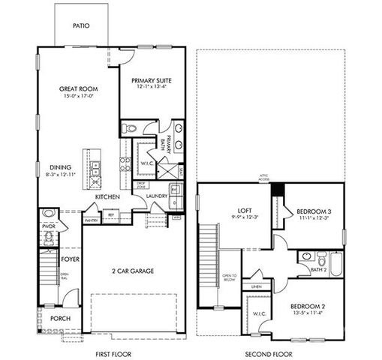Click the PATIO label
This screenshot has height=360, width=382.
[x=82, y=25]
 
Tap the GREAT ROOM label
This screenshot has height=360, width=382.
[x=79, y=88]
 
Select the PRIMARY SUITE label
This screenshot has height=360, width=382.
[x=152, y=80]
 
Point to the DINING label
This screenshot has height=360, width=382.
[x=61, y=167]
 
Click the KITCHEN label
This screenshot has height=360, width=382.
[x=107, y=196]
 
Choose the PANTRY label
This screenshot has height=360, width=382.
[x=92, y=220]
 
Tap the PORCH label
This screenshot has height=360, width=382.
[x=60, y=318]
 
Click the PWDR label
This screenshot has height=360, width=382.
[x=50, y=225]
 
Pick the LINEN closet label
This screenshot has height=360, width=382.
[x=256, y=286]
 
